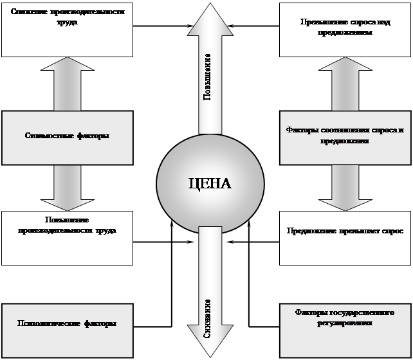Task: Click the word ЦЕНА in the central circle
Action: click(210, 183)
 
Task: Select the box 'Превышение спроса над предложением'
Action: click(345, 30)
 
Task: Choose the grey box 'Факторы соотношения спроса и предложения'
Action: click(345, 136)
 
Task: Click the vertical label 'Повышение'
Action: click(208, 77)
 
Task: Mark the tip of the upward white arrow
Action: click(210, 5)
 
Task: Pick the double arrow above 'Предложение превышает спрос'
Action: click(345, 187)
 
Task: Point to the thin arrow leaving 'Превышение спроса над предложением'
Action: click(257, 26)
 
